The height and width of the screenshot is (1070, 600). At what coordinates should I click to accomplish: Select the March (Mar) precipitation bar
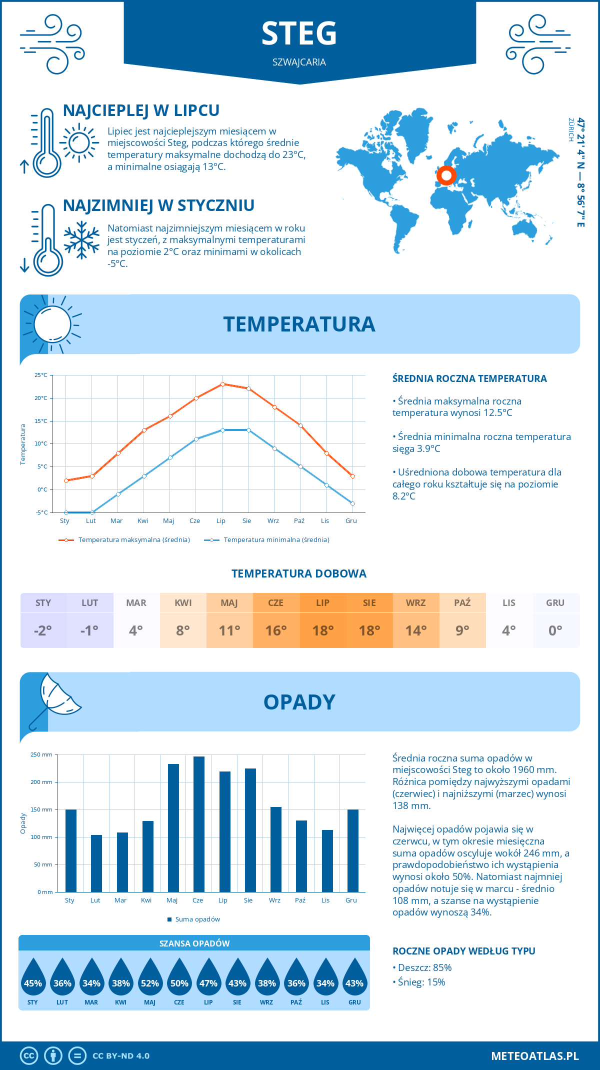122,862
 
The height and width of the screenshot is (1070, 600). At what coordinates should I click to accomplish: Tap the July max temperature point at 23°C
222,384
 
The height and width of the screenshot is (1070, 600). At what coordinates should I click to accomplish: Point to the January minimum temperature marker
66,512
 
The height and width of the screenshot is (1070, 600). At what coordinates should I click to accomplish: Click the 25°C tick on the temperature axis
41,375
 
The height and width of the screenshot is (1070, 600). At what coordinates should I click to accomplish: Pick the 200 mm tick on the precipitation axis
41,782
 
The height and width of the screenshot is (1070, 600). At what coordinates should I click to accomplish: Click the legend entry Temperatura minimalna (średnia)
267,540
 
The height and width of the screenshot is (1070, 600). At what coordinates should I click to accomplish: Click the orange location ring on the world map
446,175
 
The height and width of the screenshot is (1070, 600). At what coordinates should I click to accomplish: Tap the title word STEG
299,34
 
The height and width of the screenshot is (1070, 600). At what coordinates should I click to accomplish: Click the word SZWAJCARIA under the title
299,62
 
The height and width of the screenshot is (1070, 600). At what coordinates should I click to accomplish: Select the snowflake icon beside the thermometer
81,240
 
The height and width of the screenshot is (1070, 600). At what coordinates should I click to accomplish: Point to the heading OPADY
299,702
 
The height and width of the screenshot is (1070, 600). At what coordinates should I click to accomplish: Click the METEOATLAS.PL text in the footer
534,1056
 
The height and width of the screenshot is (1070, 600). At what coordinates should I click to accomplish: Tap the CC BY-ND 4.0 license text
121,1056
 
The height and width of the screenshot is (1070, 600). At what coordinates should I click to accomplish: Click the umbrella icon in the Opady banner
55,698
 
